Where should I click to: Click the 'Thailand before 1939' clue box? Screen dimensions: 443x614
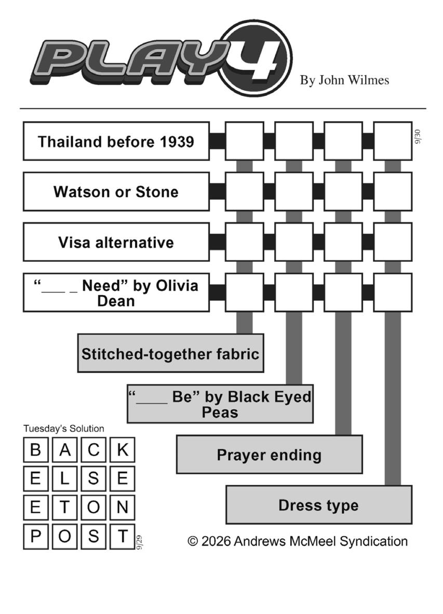tap(116, 141)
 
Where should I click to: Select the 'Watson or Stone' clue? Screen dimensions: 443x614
tap(116, 192)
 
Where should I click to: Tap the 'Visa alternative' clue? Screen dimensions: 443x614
tap(116, 242)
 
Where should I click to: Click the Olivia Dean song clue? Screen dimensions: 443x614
tap(116, 292)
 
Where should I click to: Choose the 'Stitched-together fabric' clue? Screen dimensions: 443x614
tap(171, 353)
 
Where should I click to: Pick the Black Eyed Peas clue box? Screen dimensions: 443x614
tap(220, 404)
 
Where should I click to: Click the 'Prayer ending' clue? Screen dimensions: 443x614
tap(270, 454)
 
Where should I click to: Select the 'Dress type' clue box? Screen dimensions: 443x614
tap(319, 505)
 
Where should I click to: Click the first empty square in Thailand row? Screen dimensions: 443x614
tap(245, 141)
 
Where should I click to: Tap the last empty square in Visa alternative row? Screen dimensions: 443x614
tap(393, 242)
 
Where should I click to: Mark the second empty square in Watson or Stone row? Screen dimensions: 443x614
tap(294, 192)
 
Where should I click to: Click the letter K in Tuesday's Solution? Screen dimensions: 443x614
tap(123, 449)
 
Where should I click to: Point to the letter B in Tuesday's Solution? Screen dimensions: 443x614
tap(36, 449)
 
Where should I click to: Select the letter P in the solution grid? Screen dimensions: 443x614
tap(36, 537)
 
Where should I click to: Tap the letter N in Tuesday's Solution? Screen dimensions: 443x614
tap(123, 508)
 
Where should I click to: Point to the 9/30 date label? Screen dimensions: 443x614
tap(418, 137)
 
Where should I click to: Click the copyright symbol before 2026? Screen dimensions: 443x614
tap(193, 541)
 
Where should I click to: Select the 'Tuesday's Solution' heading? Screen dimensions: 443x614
tap(64, 429)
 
